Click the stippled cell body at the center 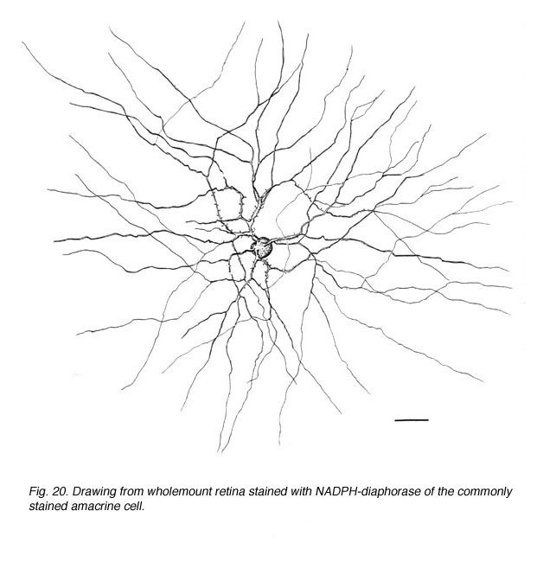pyautogui.click(x=262, y=247)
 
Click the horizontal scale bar pyautogui.click(x=412, y=420)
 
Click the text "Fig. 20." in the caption pyautogui.click(x=48, y=492)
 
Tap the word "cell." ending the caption pyautogui.click(x=133, y=506)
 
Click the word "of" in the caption pyautogui.click(x=429, y=491)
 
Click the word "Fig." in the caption pyautogui.click(x=38, y=492)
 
